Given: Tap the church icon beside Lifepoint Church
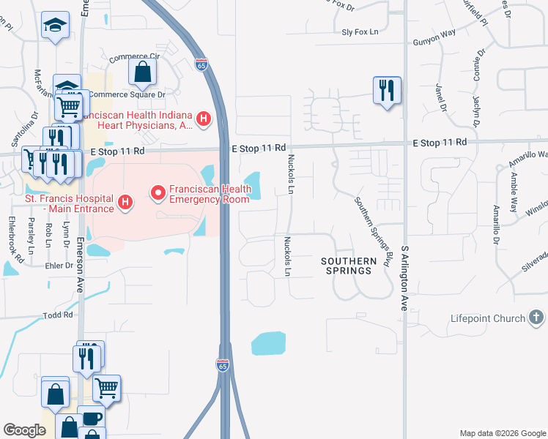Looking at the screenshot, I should point(536,318).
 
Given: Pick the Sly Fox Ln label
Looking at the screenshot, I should point(359,32).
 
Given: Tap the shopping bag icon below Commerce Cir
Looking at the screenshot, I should point(142,72).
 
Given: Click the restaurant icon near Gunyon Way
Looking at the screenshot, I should point(386,91).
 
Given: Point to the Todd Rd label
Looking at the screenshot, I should point(59,315).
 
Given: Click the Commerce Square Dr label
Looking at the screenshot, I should point(127,94).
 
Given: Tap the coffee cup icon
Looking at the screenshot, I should point(92,418).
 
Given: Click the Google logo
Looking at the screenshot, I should point(25,430).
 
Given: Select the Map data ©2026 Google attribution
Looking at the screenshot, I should point(502,433).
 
